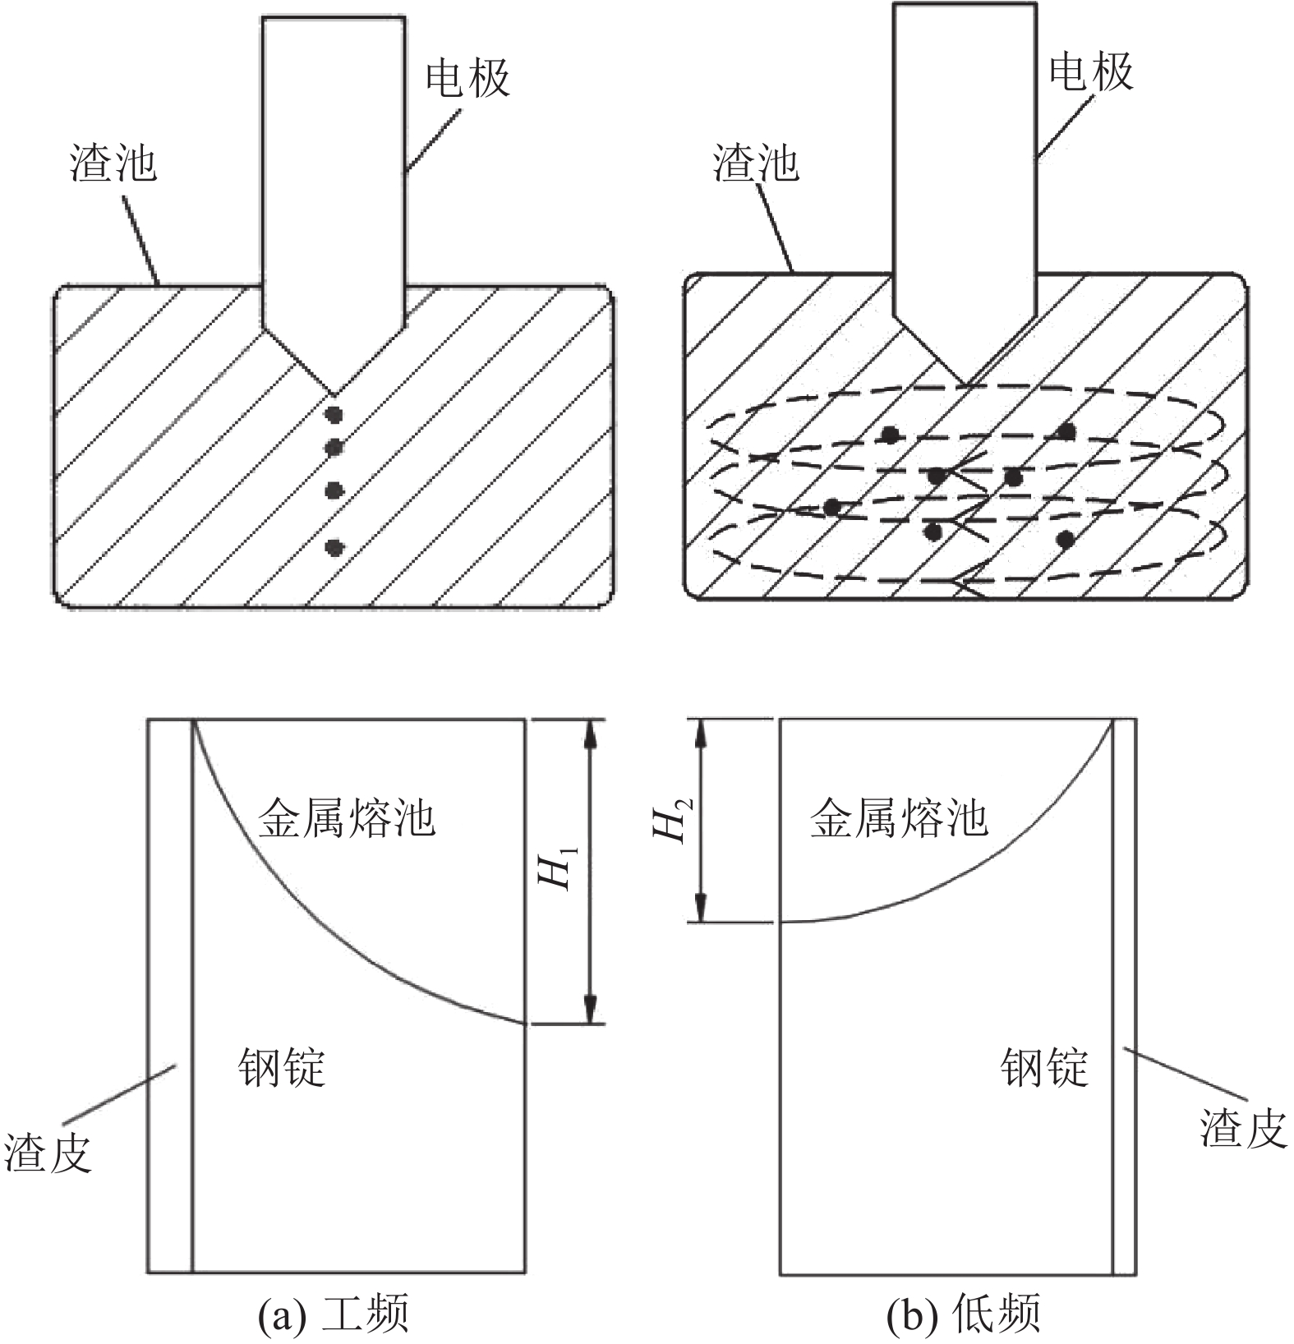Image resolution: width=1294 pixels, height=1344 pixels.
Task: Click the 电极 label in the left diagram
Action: tap(467, 79)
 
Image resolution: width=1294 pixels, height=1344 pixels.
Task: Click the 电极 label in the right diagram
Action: tap(1091, 71)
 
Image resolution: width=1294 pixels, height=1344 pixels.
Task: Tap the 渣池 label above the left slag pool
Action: tap(113, 163)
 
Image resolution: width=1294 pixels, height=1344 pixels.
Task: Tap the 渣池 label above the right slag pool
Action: tap(756, 163)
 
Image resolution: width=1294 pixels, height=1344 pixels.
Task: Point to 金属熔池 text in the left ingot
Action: tap(347, 818)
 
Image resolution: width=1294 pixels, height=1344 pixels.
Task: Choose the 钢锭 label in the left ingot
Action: tap(282, 1068)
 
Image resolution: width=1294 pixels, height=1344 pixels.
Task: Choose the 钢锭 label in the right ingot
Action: tap(1044, 1068)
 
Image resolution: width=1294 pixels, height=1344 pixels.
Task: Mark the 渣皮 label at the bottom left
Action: tap(48, 1152)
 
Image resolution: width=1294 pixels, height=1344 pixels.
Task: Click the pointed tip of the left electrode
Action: tap(334, 393)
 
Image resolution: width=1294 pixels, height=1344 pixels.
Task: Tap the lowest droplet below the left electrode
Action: tap(334, 546)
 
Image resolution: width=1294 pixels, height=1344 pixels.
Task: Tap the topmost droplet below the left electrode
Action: tap(334, 412)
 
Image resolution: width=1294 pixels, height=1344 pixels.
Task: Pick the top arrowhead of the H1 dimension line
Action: tap(589, 730)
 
